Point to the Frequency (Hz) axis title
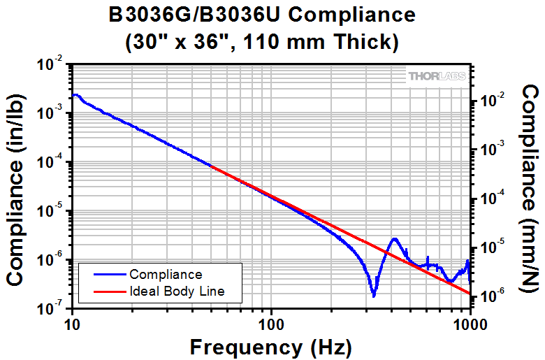(271, 346)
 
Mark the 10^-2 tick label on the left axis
(52, 65)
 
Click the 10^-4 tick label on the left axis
(52, 163)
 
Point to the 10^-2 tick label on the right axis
(491, 101)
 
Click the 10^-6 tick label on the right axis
(491, 296)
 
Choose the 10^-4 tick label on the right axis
(491, 199)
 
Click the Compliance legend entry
(166, 275)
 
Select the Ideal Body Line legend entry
(177, 291)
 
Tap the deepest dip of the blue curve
(374, 296)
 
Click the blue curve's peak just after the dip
(395, 239)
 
